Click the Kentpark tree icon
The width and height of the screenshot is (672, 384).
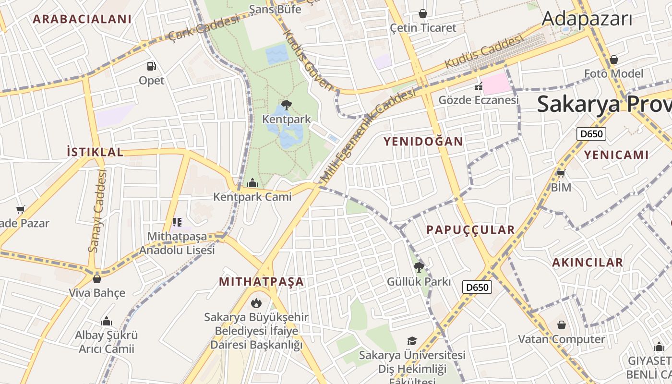pos(287,105)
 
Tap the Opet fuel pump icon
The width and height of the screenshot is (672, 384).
pos(152,66)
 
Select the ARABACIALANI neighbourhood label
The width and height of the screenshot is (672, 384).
pos(82,19)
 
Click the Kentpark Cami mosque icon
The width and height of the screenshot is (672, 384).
pos(252,183)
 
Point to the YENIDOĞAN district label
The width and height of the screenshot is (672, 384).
pos(423,141)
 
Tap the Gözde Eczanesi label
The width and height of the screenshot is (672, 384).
pos(479,100)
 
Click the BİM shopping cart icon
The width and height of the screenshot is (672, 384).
pos(561,173)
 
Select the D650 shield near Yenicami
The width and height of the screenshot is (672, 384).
pos(591,134)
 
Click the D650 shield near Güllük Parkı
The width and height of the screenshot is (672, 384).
pos(477,288)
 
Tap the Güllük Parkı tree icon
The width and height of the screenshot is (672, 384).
pos(419,267)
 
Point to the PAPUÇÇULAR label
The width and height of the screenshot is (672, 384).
pos(470,230)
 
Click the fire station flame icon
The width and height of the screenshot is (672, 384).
pos(256,303)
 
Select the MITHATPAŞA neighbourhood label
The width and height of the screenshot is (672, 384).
pos(262,282)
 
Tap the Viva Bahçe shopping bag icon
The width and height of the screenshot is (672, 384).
pos(97,279)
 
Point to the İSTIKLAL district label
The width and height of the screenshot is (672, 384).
pos(95,152)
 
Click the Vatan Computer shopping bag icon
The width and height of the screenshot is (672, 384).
pos(562,325)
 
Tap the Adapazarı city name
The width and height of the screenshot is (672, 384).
pos(587,19)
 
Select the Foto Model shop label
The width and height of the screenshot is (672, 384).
pos(613,73)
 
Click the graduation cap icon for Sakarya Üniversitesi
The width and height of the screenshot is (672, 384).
pos(412,341)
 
